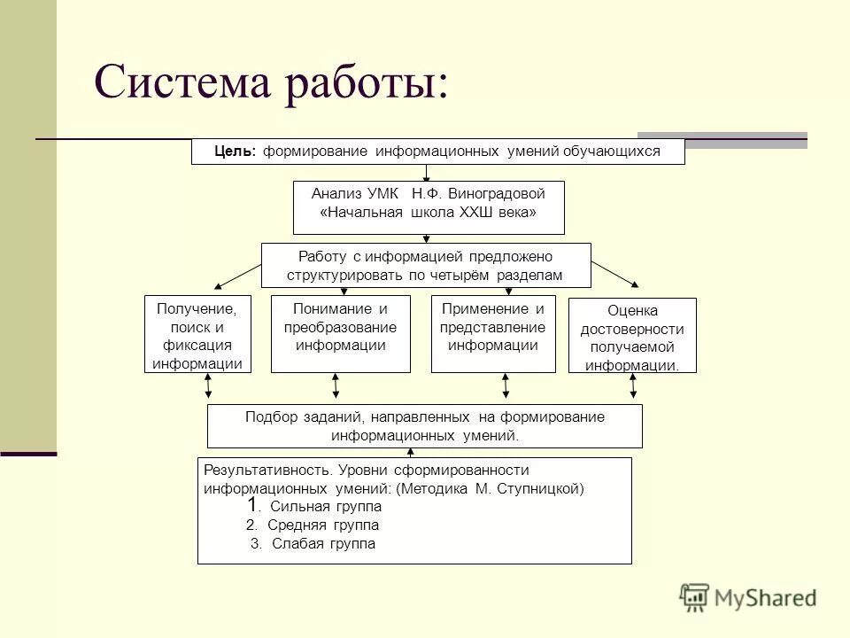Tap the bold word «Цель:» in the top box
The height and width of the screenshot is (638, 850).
tap(235, 152)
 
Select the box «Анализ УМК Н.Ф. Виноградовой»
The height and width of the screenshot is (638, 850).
tap(429, 207)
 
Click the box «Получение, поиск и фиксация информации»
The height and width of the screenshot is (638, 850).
tap(197, 333)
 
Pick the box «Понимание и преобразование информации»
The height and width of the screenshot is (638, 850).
tap(340, 333)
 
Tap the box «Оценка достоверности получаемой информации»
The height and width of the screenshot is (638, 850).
tap(631, 335)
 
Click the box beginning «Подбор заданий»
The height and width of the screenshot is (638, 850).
tap(424, 426)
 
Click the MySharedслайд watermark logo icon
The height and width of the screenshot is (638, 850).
tap(695, 597)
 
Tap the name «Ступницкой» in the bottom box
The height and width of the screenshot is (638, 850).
tap(545, 488)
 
